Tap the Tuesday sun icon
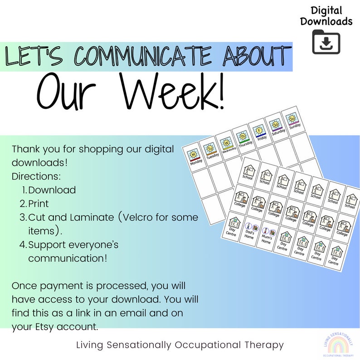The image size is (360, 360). tap(210, 148)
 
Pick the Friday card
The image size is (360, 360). tap(260, 132)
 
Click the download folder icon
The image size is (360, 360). tap(326, 42)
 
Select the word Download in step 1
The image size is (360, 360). tap(52, 190)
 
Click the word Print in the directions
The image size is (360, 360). tap(39, 204)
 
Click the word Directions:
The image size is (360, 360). tap(36, 176)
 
